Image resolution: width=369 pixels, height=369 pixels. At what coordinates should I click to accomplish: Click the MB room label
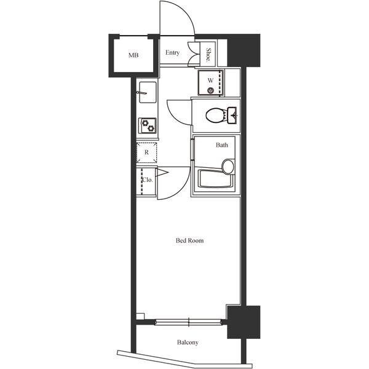point(133,55)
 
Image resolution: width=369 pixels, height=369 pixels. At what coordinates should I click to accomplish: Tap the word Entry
point(172,53)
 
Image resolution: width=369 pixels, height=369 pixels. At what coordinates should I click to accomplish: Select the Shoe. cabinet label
point(208,55)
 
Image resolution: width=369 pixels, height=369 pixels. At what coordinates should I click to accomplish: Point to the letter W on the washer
point(210,80)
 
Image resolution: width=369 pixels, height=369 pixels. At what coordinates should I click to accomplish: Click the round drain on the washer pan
point(210,90)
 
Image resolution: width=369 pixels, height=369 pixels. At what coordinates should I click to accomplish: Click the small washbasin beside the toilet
point(232,115)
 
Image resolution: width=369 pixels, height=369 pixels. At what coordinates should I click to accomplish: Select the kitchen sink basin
point(148,92)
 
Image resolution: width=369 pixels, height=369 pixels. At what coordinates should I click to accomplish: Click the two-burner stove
point(148,125)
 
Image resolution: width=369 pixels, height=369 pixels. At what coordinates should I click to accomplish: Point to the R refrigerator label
point(146,153)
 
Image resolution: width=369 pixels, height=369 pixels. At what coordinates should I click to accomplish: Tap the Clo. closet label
point(148,180)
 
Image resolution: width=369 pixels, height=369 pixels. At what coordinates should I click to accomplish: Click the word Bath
point(222,145)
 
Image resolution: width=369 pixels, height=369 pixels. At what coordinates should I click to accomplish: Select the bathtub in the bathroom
point(216,178)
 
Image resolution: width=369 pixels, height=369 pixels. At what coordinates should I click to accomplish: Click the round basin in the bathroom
point(228,167)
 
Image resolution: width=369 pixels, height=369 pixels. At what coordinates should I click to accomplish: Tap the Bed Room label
point(189,240)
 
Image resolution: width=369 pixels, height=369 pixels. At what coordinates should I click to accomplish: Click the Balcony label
point(188,343)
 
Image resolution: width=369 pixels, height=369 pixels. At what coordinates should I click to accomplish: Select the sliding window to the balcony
point(188,322)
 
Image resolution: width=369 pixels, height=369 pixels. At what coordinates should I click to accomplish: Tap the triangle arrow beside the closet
point(162,172)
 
